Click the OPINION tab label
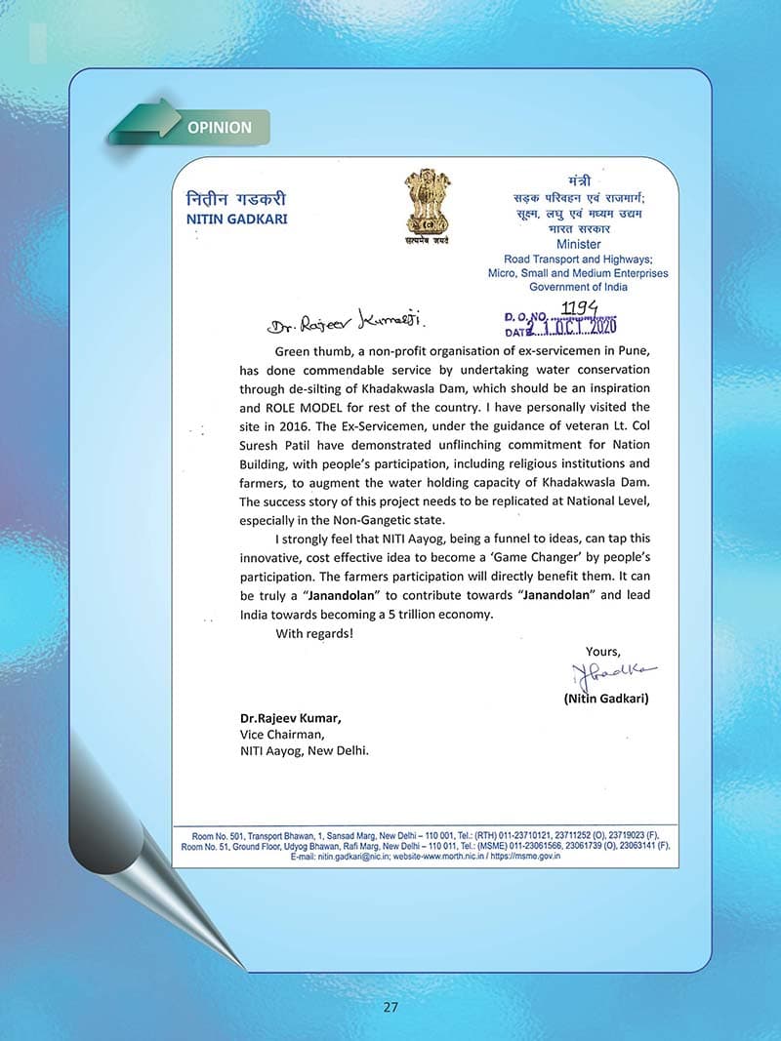219,128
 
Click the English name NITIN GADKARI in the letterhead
236,220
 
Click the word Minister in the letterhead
578,244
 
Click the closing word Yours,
602,651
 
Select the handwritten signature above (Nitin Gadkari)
614,673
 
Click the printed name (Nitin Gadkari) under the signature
605,699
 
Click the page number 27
390,1007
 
